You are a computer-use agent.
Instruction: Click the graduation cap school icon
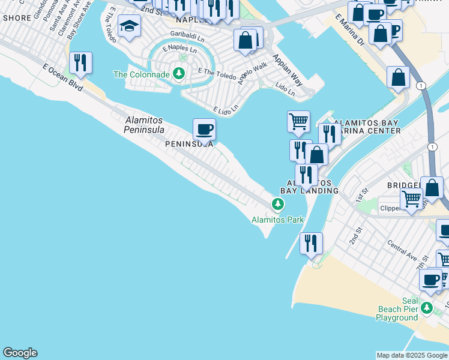[129, 26]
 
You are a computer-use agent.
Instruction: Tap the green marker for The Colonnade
[179, 74]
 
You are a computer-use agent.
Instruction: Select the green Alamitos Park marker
[277, 205]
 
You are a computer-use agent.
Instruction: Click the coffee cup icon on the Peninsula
[204, 130]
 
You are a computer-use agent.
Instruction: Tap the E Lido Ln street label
[226, 109]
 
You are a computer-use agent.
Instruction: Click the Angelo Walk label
[252, 72]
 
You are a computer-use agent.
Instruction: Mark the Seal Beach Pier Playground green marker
[426, 308]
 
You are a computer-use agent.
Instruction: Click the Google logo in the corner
[20, 353]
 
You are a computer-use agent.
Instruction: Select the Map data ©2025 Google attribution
[412, 355]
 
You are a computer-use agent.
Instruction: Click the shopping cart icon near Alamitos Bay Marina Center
[298, 122]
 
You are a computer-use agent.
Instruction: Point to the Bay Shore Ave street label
[79, 20]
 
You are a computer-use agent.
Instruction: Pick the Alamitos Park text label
[277, 220]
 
